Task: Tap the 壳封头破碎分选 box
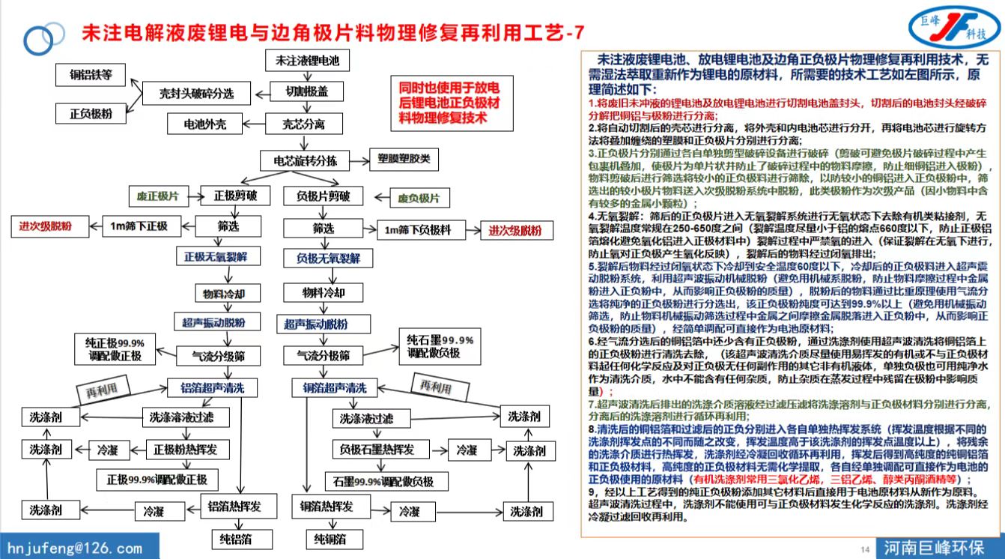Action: [x=196, y=94]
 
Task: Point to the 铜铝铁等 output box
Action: [x=91, y=74]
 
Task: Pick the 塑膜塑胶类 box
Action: [x=404, y=160]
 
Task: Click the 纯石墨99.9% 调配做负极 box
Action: [x=434, y=346]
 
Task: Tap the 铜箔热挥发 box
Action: [x=327, y=507]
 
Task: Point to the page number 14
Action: [x=865, y=550]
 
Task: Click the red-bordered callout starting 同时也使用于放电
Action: [x=449, y=101]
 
